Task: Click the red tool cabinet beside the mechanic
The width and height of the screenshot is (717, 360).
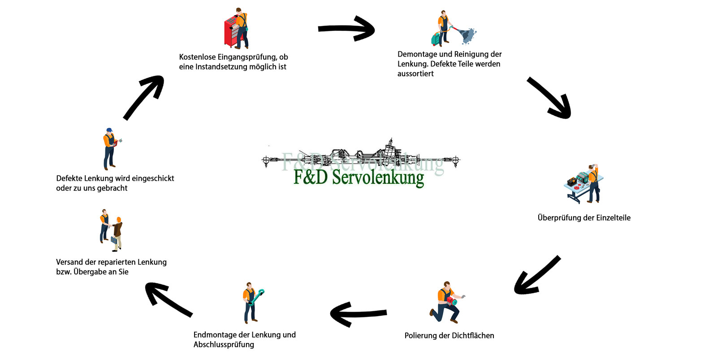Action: coord(231,31)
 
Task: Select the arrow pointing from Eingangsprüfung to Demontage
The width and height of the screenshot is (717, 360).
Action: coord(346,29)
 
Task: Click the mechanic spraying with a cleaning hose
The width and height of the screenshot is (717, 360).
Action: coord(444,28)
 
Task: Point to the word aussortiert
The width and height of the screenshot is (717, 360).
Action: coord(415,74)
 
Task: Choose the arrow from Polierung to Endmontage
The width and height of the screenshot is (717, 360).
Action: coord(358,313)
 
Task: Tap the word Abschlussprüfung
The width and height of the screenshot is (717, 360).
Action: coord(224,345)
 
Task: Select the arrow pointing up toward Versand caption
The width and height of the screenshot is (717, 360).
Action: coord(168,299)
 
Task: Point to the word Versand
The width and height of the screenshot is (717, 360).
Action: coord(70,262)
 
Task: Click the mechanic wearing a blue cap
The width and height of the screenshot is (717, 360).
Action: coord(109,149)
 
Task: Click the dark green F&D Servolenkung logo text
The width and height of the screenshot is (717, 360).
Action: coord(358,178)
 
